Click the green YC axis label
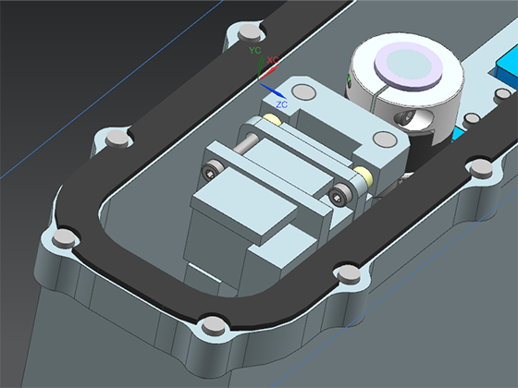click(255, 50)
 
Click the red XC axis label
click(273, 60)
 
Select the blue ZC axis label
click(282, 104)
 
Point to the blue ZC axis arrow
click(272, 91)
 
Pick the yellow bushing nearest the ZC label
click(273, 119)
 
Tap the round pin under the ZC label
click(304, 91)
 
